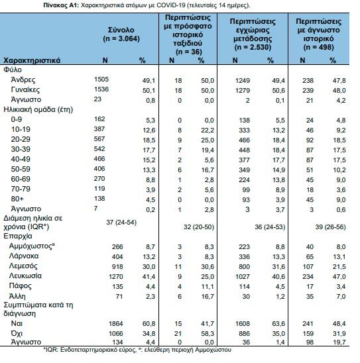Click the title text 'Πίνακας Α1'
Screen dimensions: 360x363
[x=61, y=5]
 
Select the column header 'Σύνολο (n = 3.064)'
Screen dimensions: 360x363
[x=121, y=34]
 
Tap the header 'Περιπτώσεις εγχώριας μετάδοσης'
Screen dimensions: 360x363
[x=253, y=30]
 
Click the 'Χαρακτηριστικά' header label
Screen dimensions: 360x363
[x=32, y=61]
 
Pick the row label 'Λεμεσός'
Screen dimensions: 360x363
[x=23, y=266]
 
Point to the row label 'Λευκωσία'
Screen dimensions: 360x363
[x=25, y=276]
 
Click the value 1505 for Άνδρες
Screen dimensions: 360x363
[x=101, y=79]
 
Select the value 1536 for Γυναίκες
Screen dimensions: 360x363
[x=101, y=89]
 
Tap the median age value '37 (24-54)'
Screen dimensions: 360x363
[x=121, y=223]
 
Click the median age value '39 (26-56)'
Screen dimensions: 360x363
[x=330, y=227]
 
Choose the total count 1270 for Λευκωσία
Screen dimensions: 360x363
[x=116, y=277]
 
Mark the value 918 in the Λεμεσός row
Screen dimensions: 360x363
[x=117, y=267]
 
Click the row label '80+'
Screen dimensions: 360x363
[x=17, y=199]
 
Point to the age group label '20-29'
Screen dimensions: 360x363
[x=21, y=139]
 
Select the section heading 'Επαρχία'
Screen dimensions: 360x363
[x=18, y=236]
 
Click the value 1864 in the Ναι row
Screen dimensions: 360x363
[x=116, y=324]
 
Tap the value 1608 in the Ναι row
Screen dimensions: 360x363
[x=243, y=324]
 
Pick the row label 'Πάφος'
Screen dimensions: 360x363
[x=20, y=286]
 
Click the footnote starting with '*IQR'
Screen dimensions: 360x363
[x=137, y=350]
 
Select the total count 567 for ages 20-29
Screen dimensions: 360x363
[x=99, y=139]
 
